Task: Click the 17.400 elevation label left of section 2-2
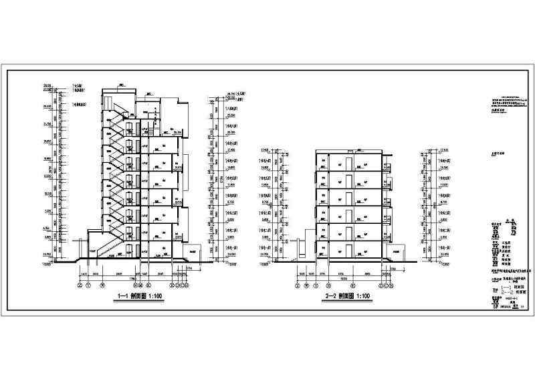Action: click(x=263, y=149)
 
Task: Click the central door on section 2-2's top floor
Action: click(x=348, y=164)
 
